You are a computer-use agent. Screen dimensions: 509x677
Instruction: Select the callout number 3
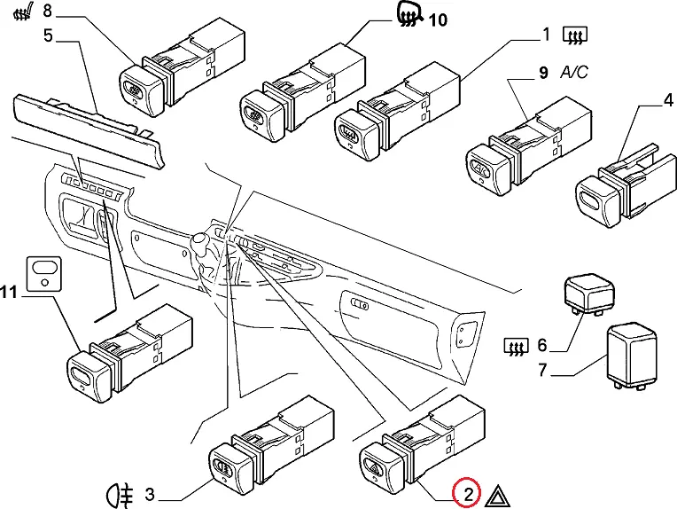(150, 493)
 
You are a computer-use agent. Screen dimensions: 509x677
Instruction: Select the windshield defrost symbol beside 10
(408, 15)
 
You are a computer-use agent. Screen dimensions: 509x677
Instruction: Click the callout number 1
(547, 35)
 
